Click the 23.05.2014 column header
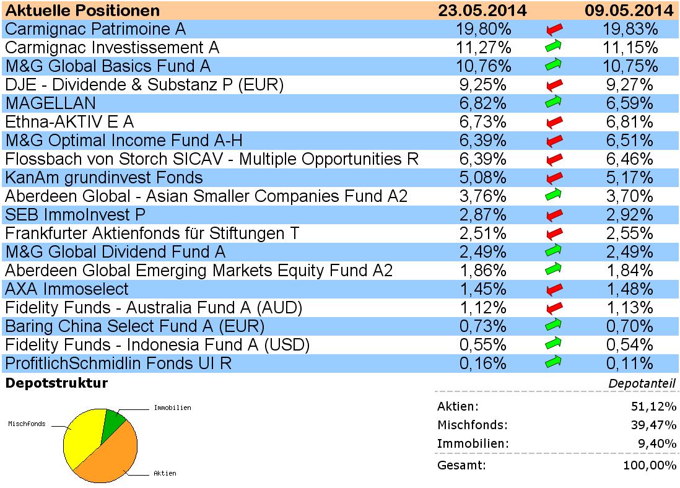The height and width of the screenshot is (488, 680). [x=482, y=11]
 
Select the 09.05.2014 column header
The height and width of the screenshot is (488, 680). [x=629, y=11]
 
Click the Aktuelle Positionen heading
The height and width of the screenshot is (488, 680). [x=82, y=11]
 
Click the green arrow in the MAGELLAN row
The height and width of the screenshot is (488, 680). [x=554, y=103]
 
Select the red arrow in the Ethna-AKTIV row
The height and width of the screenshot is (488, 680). [x=554, y=122]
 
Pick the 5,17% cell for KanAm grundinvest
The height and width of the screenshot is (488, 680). [x=629, y=178]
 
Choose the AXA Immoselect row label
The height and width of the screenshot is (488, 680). [x=67, y=289]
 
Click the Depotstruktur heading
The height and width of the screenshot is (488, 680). [x=56, y=383]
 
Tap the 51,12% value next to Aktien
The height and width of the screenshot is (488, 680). [x=654, y=406]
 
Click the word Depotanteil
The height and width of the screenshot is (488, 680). [x=642, y=384]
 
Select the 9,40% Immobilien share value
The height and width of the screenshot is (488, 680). [x=656, y=443]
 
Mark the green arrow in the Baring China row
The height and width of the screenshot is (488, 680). [x=554, y=326]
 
